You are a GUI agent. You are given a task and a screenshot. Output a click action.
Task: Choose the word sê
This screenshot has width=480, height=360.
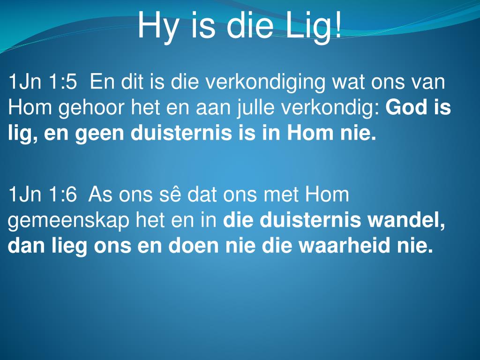172,194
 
